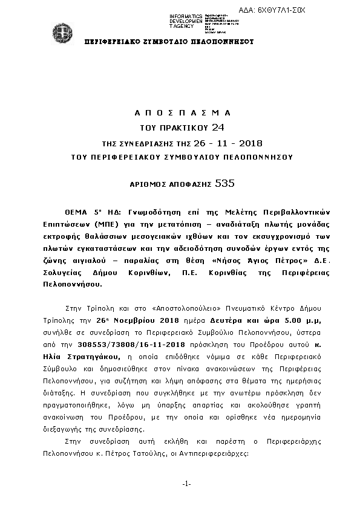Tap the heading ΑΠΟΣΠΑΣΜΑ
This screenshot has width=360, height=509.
pos(182,113)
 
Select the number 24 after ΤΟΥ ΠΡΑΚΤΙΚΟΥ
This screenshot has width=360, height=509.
pos(218,127)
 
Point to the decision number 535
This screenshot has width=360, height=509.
pos(225,182)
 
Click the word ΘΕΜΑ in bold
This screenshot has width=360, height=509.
pos(77,213)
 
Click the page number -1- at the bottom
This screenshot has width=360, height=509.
pos(186,484)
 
